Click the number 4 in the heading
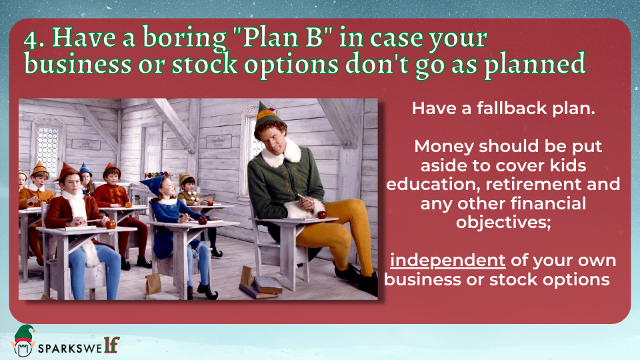pyautogui.click(x=31, y=39)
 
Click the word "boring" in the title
pyautogui.click(x=184, y=39)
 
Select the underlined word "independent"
pyautogui.click(x=448, y=261)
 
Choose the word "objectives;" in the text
pyautogui.click(x=503, y=223)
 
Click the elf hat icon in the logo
pyautogui.click(x=24, y=334)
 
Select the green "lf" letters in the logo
pyautogui.click(x=111, y=345)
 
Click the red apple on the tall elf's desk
pyautogui.click(x=322, y=215)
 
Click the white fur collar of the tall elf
pyautogui.click(x=281, y=153)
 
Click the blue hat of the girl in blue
pyautogui.click(x=154, y=183)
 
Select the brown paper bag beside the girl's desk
pyautogui.click(x=153, y=284)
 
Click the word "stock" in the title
pyautogui.click(x=205, y=65)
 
